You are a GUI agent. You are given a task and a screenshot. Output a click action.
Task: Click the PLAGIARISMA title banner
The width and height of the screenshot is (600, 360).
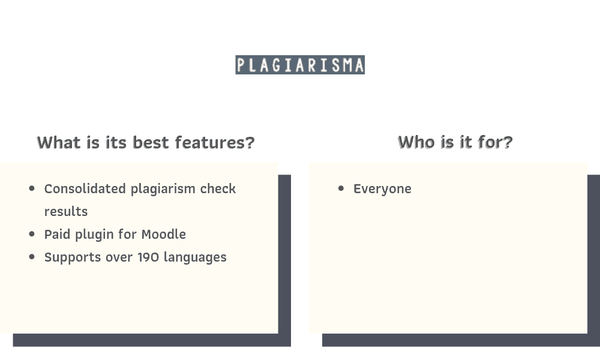pyautogui.click(x=300, y=65)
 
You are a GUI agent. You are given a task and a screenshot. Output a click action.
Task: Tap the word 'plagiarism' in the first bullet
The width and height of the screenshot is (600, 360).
pyautogui.click(x=163, y=189)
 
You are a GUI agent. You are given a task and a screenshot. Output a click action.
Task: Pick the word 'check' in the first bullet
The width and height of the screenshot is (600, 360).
pyautogui.click(x=218, y=189)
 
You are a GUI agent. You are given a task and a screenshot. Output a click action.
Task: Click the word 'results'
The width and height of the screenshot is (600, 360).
pyautogui.click(x=66, y=212)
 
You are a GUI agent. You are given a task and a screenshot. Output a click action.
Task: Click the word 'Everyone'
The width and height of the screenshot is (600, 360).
pyautogui.click(x=382, y=189)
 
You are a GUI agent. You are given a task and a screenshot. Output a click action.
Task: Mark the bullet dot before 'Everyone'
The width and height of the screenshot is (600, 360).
pyautogui.click(x=341, y=188)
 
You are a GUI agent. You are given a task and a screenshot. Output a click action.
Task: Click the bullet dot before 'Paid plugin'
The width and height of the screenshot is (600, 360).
pyautogui.click(x=32, y=234)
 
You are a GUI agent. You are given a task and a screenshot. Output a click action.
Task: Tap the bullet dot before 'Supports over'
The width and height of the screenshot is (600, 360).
pyautogui.click(x=32, y=257)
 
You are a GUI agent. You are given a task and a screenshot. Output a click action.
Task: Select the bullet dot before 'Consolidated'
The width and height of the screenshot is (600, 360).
pyautogui.click(x=32, y=188)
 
